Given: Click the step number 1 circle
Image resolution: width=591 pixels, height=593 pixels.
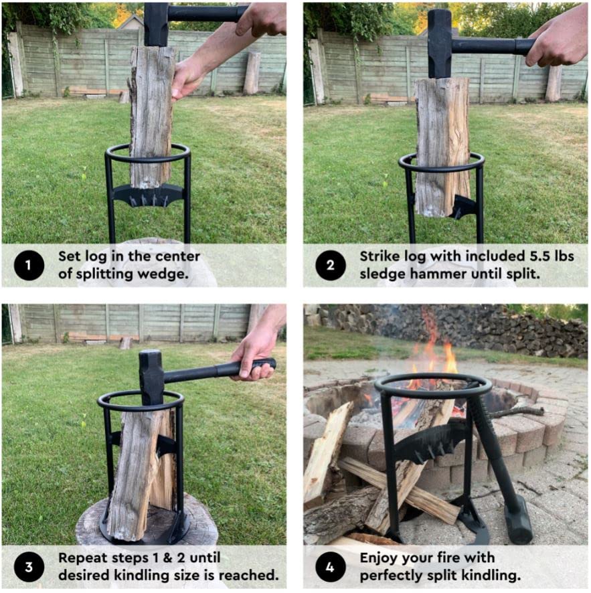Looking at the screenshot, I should (x=29, y=266).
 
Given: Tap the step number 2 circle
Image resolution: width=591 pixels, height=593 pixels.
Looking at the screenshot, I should (x=331, y=266).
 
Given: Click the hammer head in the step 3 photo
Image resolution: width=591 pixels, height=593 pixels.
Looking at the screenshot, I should (x=151, y=377).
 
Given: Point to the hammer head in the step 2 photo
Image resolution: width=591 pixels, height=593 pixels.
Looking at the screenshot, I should (x=440, y=44).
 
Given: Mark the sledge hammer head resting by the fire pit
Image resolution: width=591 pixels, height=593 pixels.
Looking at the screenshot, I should (x=518, y=518).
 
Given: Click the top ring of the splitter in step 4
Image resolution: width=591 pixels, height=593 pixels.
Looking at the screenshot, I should (x=433, y=386).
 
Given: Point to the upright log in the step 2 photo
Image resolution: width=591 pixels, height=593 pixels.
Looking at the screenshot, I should (x=442, y=144).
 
